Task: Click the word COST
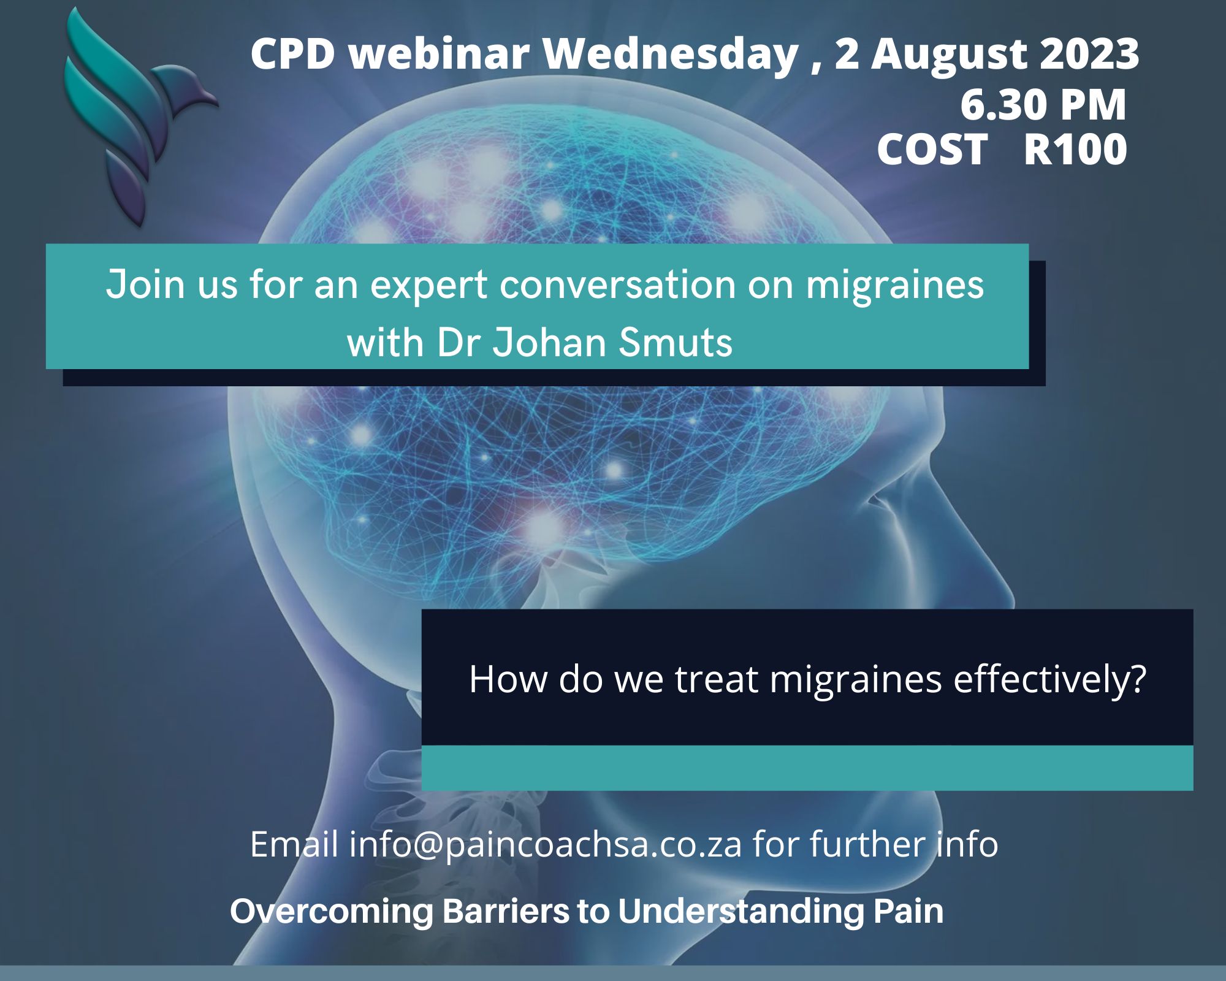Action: coord(932,149)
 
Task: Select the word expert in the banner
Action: coord(429,286)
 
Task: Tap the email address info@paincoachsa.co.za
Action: coord(546,844)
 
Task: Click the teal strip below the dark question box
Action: coord(807,768)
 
